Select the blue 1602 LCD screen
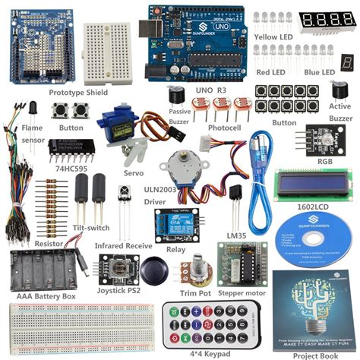313,183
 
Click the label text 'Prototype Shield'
79,93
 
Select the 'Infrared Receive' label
124,247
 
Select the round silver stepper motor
179,169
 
